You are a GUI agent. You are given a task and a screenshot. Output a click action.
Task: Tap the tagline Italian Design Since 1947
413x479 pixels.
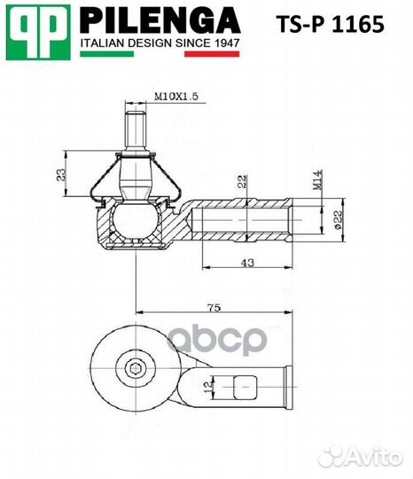(x=160, y=42)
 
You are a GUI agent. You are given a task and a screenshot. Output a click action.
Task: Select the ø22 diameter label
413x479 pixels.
(x=339, y=217)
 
